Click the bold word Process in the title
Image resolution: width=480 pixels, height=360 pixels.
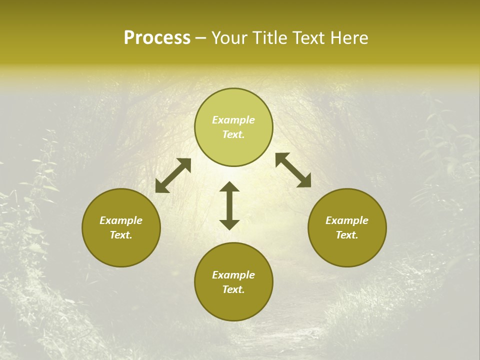[157, 38]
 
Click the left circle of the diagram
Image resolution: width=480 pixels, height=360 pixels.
[121, 227]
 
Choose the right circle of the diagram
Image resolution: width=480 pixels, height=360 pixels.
[347, 227]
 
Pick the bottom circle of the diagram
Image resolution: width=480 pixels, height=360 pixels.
[233, 282]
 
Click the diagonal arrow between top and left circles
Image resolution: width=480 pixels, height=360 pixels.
[173, 175]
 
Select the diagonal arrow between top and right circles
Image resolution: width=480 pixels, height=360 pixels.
[293, 170]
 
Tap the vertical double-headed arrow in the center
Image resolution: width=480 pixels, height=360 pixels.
[229, 205]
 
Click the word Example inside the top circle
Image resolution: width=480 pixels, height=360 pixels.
[233, 120]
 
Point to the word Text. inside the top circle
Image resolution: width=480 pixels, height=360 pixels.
[233, 134]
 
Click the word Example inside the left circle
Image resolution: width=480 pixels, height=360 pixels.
[121, 220]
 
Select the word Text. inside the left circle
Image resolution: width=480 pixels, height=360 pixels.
[121, 235]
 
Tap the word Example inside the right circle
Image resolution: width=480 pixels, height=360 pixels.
[347, 220]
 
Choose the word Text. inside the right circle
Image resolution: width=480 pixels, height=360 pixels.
[347, 235]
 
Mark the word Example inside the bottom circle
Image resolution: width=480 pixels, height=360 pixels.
[233, 275]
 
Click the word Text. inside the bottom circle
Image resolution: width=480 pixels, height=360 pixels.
[233, 289]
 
